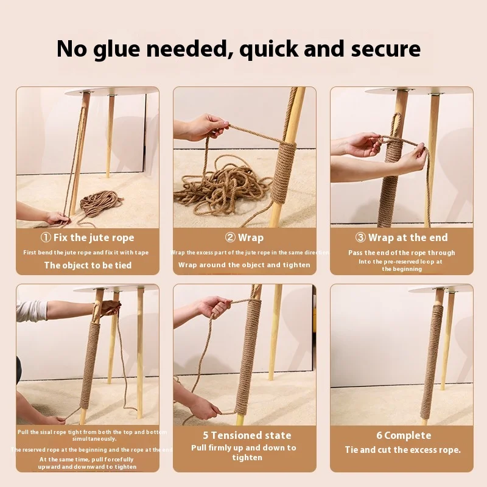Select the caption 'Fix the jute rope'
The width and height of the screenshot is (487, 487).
tap(94, 237)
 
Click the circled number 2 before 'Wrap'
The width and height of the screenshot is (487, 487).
tap(230, 237)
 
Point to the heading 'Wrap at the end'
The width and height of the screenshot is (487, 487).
tap(408, 237)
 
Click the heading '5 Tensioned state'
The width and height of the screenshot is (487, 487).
tap(247, 435)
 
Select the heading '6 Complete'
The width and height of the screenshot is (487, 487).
tap(403, 435)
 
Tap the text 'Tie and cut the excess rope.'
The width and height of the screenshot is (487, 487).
tap(402, 450)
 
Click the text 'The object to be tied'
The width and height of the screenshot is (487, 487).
tap(88, 265)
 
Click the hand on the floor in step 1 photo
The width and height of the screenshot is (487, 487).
tap(58, 218)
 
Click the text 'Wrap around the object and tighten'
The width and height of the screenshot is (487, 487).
tap(244, 265)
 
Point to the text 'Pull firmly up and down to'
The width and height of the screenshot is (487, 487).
tap(243, 447)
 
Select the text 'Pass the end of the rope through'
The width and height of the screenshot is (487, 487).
tap(401, 253)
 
